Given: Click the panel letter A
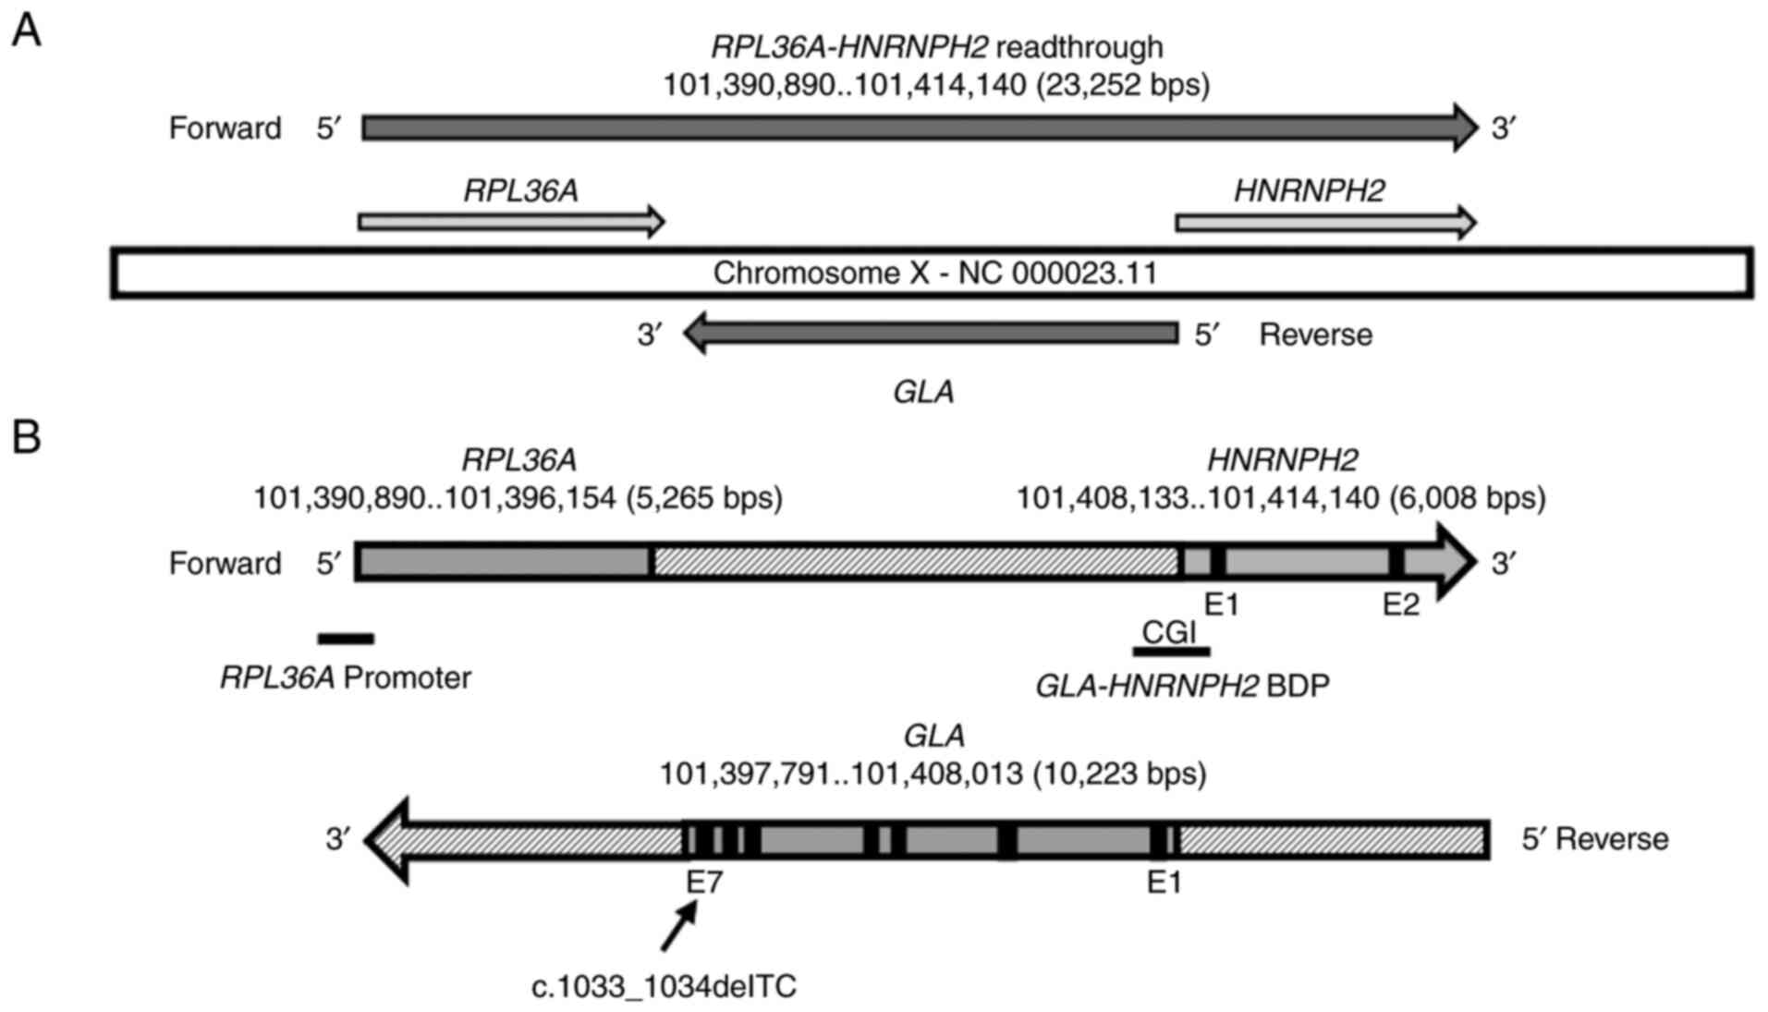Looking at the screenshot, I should pyautogui.click(x=25, y=31).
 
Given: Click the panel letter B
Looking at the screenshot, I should pyautogui.click(x=26, y=437).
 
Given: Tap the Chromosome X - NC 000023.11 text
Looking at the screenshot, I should pyautogui.click(x=934, y=274).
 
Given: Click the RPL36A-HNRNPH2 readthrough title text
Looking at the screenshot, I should pyautogui.click(x=936, y=46).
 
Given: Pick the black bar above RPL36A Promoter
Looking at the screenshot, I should pyautogui.click(x=346, y=639).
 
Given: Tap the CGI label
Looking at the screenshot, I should pyautogui.click(x=1169, y=632).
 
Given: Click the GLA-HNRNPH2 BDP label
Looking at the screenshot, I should pyautogui.click(x=1182, y=686).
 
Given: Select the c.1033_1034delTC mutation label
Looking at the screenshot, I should pyautogui.click(x=664, y=987).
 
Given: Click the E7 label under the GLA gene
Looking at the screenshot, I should pyautogui.click(x=703, y=883).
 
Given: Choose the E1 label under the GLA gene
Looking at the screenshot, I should pyautogui.click(x=1164, y=883).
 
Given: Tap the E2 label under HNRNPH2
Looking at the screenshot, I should pyautogui.click(x=1400, y=605).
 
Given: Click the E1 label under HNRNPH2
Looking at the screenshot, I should pyautogui.click(x=1222, y=605).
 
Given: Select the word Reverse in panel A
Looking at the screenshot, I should pyautogui.click(x=1315, y=335).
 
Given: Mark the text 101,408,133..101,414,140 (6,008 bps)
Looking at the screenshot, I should pyautogui.click(x=1281, y=498).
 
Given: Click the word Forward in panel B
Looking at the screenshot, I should pyautogui.click(x=225, y=563).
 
